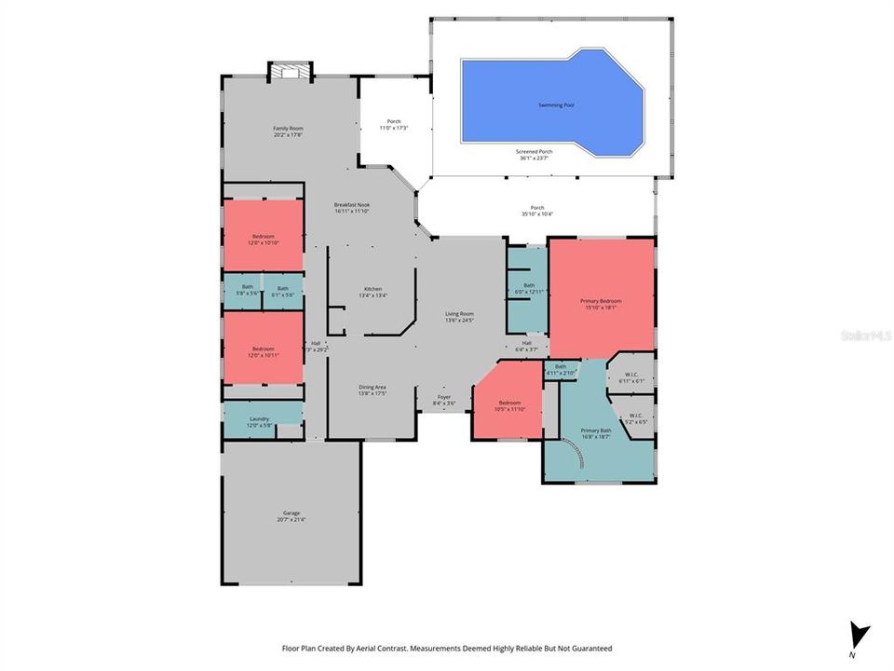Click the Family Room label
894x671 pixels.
point(288,131)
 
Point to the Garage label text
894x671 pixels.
point(291,516)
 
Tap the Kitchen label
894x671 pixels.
point(372,292)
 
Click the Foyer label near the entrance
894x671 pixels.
point(444,400)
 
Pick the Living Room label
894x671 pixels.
point(459,317)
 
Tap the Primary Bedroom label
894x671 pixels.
point(601,304)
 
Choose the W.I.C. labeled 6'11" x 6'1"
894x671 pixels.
point(630,377)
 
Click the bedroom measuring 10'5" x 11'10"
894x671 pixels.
point(508,405)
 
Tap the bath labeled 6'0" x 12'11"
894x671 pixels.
point(528,289)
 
